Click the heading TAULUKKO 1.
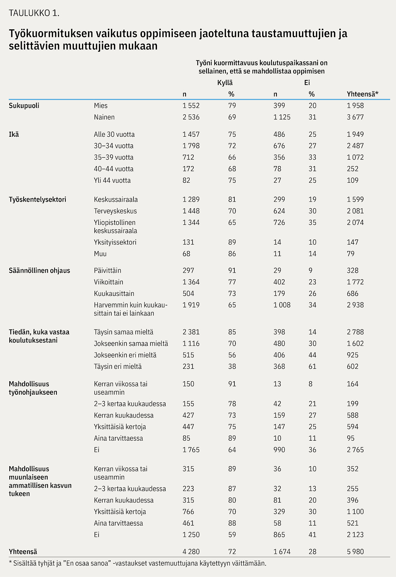pos(34,13)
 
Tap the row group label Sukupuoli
pos(24,105)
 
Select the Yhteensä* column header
pos(362,94)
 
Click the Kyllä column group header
pos(225,83)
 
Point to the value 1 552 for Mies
pos(191,105)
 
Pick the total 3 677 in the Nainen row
pos(355,117)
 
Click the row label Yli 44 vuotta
pos(112,180)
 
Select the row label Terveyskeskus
pos(115,211)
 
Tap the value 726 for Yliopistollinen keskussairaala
pos(279,222)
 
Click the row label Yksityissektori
pos(115,242)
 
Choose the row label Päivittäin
pos(108,270)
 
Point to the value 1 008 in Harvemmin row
pos(282,305)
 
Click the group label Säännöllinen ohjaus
pos(39,270)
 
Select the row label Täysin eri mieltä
pos(118,367)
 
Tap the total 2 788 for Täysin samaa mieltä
pos(355,332)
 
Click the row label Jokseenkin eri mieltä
pos(125,355)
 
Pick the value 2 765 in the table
pos(355,450)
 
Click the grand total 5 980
pos(355,552)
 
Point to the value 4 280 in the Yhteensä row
pos(191,552)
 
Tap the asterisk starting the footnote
pos(10,562)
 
